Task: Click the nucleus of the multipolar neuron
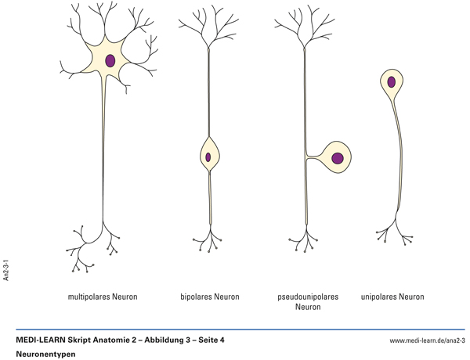pos(110,60)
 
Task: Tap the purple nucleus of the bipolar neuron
pos(208,157)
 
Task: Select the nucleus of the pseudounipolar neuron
pos(338,159)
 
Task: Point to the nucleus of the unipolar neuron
pos(390,81)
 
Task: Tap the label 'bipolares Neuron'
pos(209,297)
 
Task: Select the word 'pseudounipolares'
pos(308,297)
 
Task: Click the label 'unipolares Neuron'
pos(392,297)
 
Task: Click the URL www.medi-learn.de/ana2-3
pos(427,341)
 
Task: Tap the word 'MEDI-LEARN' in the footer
pos(41,340)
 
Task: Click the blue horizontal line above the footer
pos(235,329)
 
